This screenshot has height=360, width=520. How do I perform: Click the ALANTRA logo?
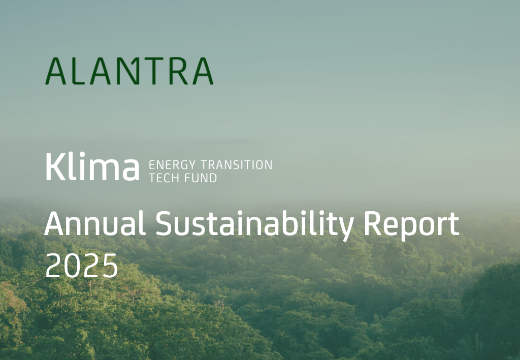(129, 71)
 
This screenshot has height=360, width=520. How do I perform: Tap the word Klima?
(92, 167)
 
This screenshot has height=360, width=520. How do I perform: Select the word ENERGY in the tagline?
(173, 165)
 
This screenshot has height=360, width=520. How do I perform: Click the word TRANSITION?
(237, 165)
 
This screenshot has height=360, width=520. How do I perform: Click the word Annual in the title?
(95, 223)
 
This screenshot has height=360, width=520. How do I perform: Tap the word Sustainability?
(254, 226)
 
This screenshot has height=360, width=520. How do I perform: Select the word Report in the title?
(411, 226)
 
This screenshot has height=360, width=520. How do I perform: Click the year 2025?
(82, 266)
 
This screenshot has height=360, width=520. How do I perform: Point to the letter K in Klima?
(55, 167)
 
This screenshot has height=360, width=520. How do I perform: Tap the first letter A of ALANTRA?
(56, 71)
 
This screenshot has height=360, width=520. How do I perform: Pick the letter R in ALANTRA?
(179, 71)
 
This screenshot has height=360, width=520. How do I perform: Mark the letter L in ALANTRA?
(78, 71)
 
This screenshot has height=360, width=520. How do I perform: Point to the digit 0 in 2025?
(72, 266)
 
